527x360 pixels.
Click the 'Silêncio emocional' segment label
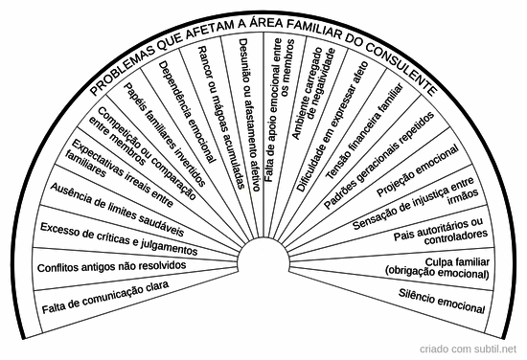pyautogui.click(x=443, y=303)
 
